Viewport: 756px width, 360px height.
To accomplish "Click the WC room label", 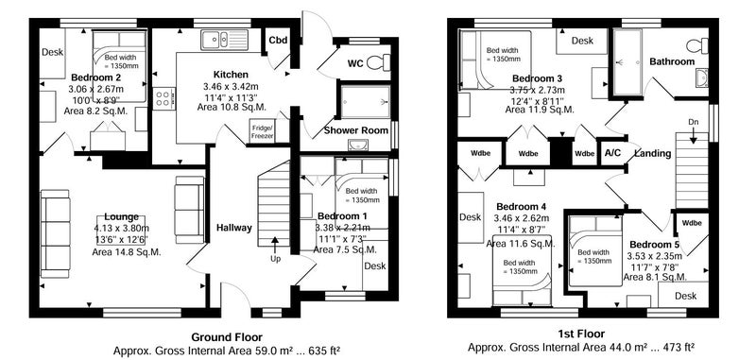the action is pyautogui.click(x=355, y=63).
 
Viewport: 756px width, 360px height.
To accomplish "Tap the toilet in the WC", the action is pyautogui.click(x=379, y=62).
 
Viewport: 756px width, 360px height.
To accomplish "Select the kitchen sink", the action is pyautogui.click(x=224, y=39).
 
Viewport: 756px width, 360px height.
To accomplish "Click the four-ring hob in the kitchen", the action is pyautogui.click(x=163, y=98).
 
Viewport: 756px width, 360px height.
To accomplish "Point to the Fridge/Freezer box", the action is pyautogui.click(x=262, y=131).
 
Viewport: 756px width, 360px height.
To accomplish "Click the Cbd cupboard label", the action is pyautogui.click(x=278, y=41).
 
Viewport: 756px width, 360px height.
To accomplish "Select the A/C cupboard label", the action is pyautogui.click(x=612, y=153).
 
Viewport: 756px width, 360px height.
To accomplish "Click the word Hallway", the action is pyautogui.click(x=233, y=228).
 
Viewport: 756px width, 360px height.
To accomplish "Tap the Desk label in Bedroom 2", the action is pyautogui.click(x=52, y=53).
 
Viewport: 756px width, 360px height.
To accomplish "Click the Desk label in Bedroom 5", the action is pyautogui.click(x=686, y=296).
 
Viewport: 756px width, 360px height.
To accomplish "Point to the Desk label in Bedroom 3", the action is pyautogui.click(x=582, y=41).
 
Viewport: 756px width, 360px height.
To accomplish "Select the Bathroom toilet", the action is pyautogui.click(x=697, y=45).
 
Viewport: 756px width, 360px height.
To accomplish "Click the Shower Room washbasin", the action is pyautogui.click(x=357, y=145).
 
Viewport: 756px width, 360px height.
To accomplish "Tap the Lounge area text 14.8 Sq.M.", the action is pyautogui.click(x=127, y=251).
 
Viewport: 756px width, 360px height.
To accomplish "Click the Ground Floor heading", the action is pyautogui.click(x=227, y=337).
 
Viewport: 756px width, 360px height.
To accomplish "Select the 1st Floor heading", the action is pyautogui.click(x=581, y=334).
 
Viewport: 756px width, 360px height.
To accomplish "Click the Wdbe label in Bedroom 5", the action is pyautogui.click(x=692, y=223).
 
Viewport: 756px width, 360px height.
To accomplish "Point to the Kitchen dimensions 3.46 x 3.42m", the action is pyautogui.click(x=231, y=87).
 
